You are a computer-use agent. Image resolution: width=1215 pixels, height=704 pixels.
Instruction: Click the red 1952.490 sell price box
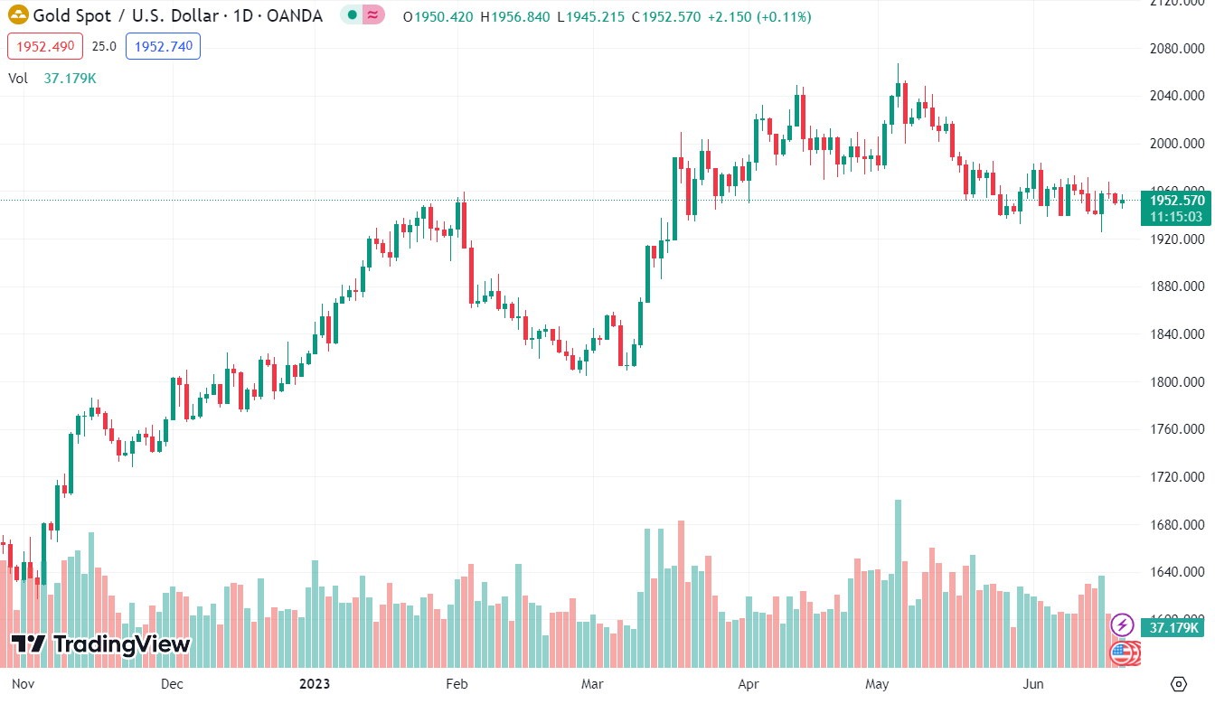coord(45,46)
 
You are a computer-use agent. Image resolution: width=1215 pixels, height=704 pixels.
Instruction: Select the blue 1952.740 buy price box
coord(163,46)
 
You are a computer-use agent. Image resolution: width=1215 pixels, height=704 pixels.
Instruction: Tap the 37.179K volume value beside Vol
coord(70,79)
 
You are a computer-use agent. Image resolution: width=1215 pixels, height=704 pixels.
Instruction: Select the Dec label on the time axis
coord(172,683)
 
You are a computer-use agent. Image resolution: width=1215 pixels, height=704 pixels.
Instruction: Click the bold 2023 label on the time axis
coord(315,683)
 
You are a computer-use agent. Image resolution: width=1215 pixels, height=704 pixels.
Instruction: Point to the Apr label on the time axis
coord(749,683)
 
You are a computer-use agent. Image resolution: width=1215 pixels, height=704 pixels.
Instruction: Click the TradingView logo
coord(101,644)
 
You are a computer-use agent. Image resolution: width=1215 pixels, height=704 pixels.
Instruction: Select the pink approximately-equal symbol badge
coord(372,15)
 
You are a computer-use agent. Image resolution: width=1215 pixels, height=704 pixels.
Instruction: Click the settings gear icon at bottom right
coord(1178,683)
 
